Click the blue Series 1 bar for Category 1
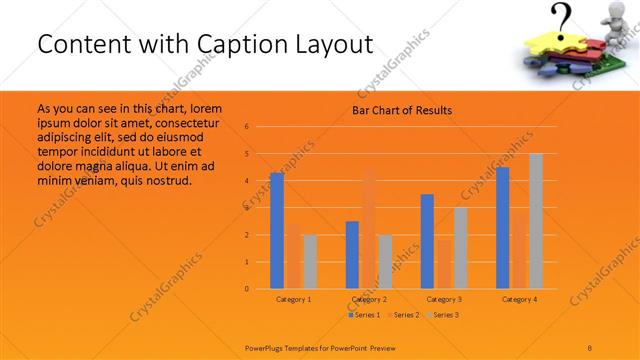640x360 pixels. tap(277, 230)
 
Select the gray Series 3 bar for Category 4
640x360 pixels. tap(535, 221)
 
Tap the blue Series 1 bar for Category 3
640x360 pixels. tap(427, 241)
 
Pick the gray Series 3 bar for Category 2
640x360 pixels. tap(385, 261)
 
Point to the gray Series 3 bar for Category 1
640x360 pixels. tap(310, 261)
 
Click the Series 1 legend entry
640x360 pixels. tap(364, 315)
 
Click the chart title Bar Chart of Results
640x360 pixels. tap(402, 110)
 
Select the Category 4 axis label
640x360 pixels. tap(519, 299)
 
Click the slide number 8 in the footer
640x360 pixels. tap(590, 345)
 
